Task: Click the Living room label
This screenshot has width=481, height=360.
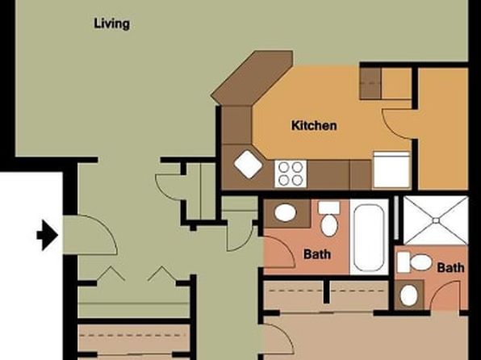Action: [111, 24]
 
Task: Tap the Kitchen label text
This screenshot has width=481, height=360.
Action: [314, 126]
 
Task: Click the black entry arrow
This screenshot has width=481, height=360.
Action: [48, 236]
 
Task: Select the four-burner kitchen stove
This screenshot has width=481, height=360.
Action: [291, 174]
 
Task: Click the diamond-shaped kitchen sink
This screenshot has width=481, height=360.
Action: [249, 164]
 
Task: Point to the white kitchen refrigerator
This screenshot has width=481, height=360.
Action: [391, 170]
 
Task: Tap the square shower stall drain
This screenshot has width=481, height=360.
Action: [436, 220]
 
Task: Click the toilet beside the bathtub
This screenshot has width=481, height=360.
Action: [329, 219]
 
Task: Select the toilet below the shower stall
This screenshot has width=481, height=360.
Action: [415, 262]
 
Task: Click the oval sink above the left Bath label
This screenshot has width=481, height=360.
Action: [285, 212]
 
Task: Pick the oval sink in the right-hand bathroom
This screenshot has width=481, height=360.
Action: [409, 295]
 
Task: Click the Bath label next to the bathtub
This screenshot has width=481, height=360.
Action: [317, 254]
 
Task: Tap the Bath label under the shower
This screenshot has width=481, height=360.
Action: [450, 268]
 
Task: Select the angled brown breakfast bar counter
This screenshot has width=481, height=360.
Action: [252, 77]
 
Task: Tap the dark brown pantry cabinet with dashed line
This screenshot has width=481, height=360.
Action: [370, 83]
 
